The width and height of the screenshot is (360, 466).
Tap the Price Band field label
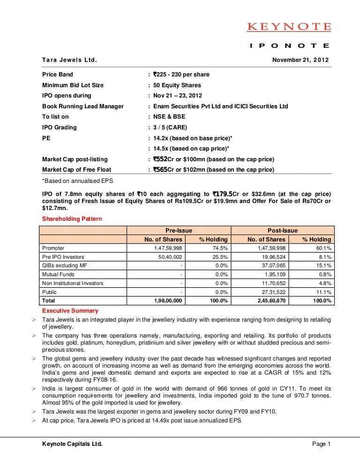tap(58, 75)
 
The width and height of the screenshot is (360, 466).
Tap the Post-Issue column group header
tap(283, 230)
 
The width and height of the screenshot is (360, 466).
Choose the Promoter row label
tap(53, 248)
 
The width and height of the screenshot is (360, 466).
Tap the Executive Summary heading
tap(70, 311)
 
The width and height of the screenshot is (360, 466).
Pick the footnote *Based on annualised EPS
tap(76, 180)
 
